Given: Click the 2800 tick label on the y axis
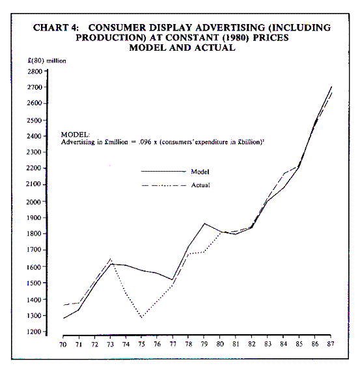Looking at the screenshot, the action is coord(35,72).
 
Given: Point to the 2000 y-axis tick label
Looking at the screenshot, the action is coord(34,202).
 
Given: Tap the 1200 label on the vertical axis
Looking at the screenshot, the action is coord(35,332).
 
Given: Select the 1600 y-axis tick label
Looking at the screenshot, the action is coord(34,267).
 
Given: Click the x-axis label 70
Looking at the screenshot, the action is coord(62,345).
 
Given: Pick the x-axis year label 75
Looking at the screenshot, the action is coord(141,344).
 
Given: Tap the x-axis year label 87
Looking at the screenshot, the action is coord(331,344).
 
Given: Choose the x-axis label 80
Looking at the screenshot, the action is coord(220,344).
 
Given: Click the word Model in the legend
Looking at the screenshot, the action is coord(200,172).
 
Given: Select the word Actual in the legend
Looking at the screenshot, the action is coord(201,185).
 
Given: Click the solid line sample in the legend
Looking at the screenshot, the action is coord(163,172).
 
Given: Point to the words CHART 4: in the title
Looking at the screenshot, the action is coord(56,28).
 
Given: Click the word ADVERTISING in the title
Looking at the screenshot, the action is coord(230,28).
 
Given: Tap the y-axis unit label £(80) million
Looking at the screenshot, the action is coord(47,60).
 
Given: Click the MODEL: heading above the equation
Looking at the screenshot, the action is coord(76,135).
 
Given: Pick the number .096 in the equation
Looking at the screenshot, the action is coord(145,142).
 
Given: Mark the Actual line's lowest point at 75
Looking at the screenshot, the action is coord(141,317).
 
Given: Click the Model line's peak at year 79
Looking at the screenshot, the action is coord(204,224).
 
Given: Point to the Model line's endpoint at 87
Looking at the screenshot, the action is coord(331,87).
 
